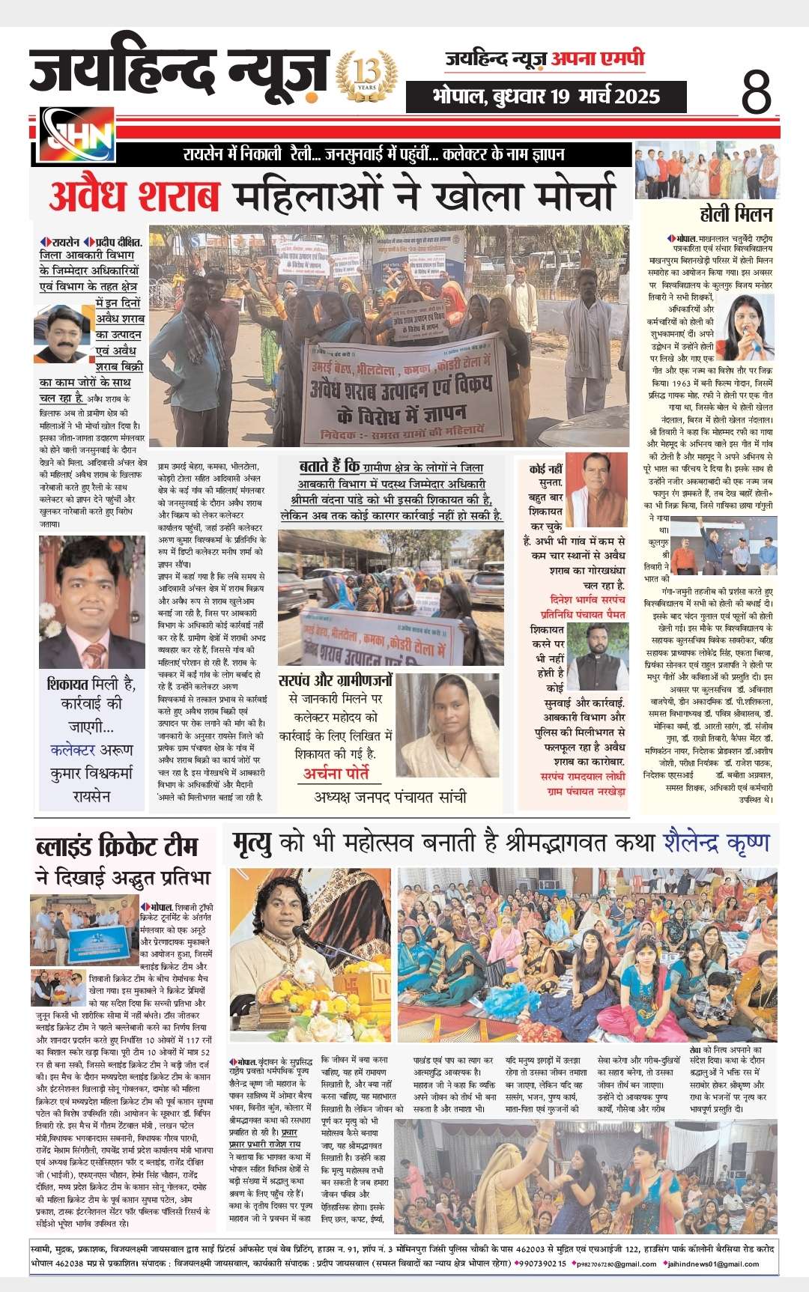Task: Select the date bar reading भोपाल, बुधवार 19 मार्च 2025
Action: point(546,96)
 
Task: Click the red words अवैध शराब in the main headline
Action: point(135,195)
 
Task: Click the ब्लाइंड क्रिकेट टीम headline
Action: point(117,846)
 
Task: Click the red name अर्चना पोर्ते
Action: point(337,773)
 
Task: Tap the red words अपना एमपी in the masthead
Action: point(597,58)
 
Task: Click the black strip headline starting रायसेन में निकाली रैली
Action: point(375,155)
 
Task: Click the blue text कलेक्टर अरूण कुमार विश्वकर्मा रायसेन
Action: point(92,772)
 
